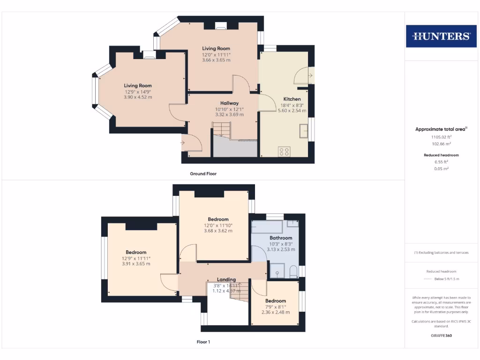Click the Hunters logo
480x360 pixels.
point(441,36)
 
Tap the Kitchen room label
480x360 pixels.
point(292,99)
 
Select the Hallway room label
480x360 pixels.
point(230,103)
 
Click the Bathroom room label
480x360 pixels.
point(281,238)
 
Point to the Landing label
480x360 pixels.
point(226,279)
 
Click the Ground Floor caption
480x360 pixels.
point(203,173)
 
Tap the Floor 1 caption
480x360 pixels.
point(203,342)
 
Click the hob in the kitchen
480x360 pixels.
point(284,151)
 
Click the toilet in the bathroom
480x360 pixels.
point(293,271)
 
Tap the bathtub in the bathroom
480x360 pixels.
point(267,227)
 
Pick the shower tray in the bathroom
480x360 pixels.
point(277,270)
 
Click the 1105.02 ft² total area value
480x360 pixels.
point(441,137)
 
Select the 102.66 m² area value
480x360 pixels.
point(441,144)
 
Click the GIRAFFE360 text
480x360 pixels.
point(441,336)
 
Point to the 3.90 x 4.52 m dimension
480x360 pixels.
point(138,97)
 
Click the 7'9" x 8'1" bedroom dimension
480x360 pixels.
point(275,307)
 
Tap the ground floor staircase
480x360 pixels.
point(222,130)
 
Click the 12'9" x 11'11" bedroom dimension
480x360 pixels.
point(136,258)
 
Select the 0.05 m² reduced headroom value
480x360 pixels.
point(441,168)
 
